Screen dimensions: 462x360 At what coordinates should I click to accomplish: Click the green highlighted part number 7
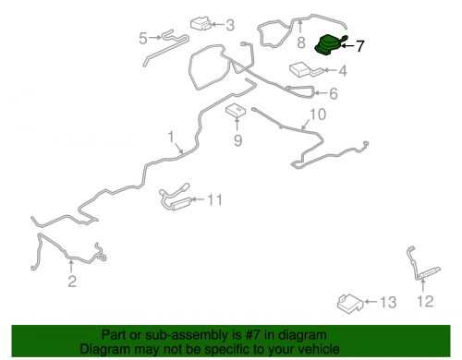click(328, 45)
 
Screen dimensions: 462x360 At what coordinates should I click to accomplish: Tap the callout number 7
click(360, 46)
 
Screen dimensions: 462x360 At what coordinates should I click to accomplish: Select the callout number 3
click(230, 25)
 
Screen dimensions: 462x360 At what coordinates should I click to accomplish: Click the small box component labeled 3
click(201, 24)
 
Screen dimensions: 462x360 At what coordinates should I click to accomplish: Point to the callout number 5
click(143, 39)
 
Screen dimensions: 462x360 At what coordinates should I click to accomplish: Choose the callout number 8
click(301, 42)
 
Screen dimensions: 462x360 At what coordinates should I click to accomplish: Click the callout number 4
click(343, 71)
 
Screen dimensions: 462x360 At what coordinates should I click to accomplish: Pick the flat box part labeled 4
click(303, 69)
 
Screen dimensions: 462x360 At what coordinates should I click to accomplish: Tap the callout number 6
click(334, 93)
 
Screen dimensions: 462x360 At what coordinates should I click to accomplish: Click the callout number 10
click(318, 114)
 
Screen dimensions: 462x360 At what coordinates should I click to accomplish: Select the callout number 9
click(237, 140)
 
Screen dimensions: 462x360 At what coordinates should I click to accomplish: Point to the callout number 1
click(171, 137)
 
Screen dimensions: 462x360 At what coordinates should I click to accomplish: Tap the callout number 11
click(215, 199)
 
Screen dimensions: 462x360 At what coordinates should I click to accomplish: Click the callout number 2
click(72, 282)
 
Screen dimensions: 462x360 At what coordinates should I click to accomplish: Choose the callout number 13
click(388, 303)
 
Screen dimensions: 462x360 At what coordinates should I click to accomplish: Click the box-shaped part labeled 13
click(350, 303)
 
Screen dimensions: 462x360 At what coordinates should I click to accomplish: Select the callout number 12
click(425, 301)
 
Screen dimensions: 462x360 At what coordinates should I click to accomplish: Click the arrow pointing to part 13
click(371, 302)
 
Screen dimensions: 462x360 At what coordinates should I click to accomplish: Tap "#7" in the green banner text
click(253, 335)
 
